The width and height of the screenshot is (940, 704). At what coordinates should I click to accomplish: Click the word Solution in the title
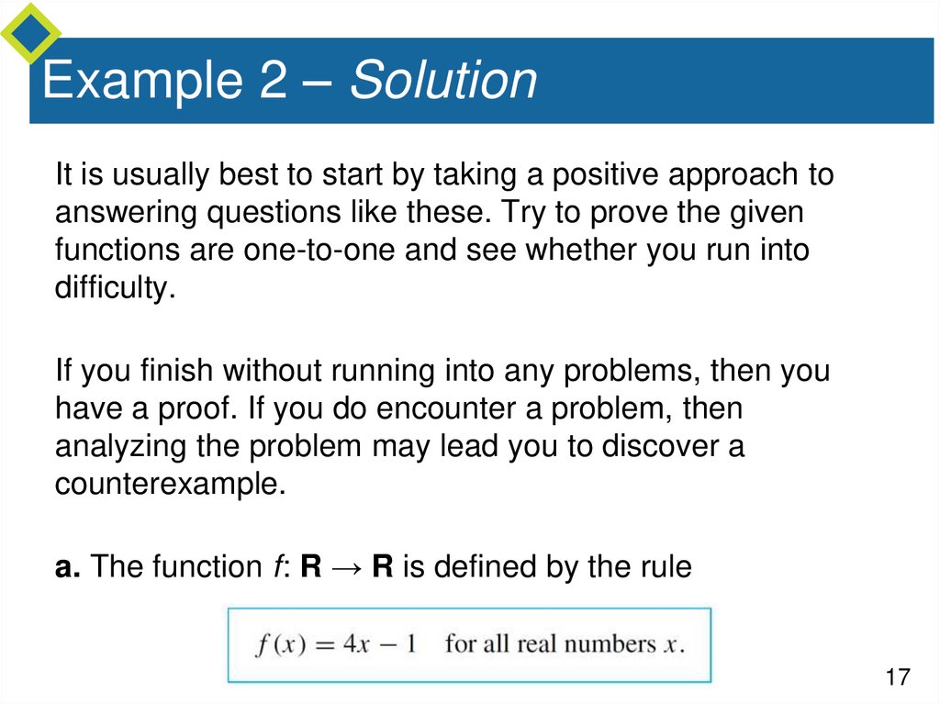pyautogui.click(x=442, y=81)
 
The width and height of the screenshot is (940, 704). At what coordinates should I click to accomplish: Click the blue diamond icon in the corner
pyautogui.click(x=29, y=33)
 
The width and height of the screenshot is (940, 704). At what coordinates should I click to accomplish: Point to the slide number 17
pyautogui.click(x=897, y=677)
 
